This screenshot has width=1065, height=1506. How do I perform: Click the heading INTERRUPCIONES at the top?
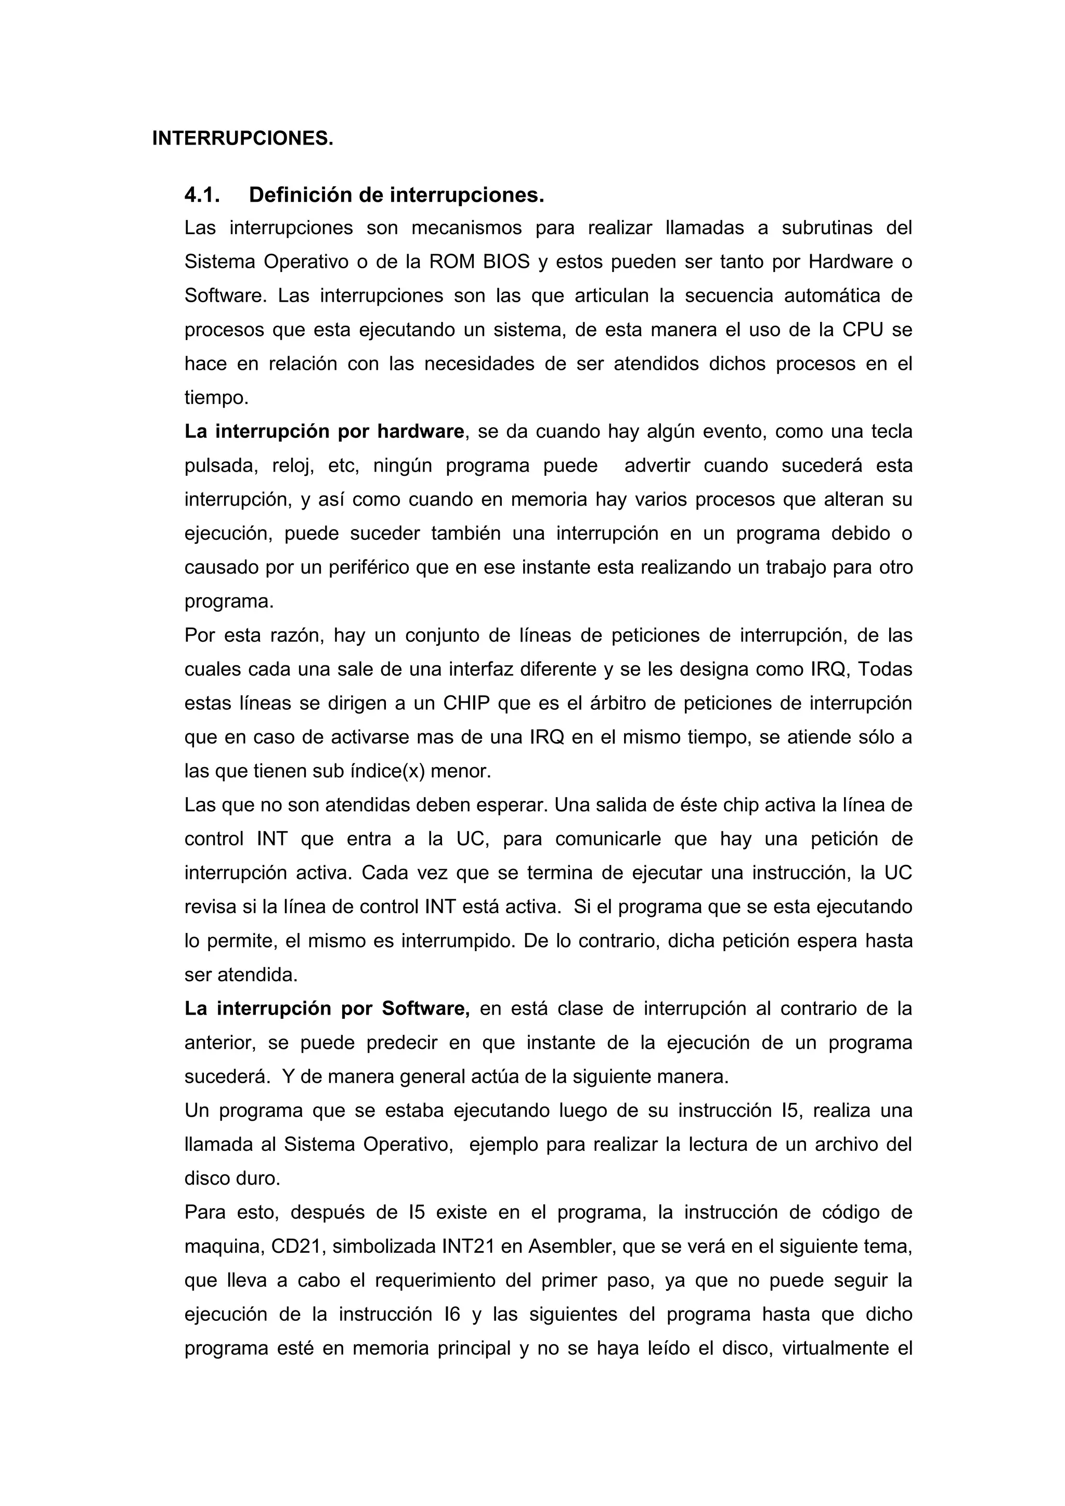click(x=243, y=138)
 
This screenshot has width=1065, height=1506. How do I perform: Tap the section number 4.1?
click(x=202, y=195)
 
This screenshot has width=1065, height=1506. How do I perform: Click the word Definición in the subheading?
click(x=302, y=195)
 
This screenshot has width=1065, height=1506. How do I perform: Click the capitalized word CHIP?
click(x=466, y=703)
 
